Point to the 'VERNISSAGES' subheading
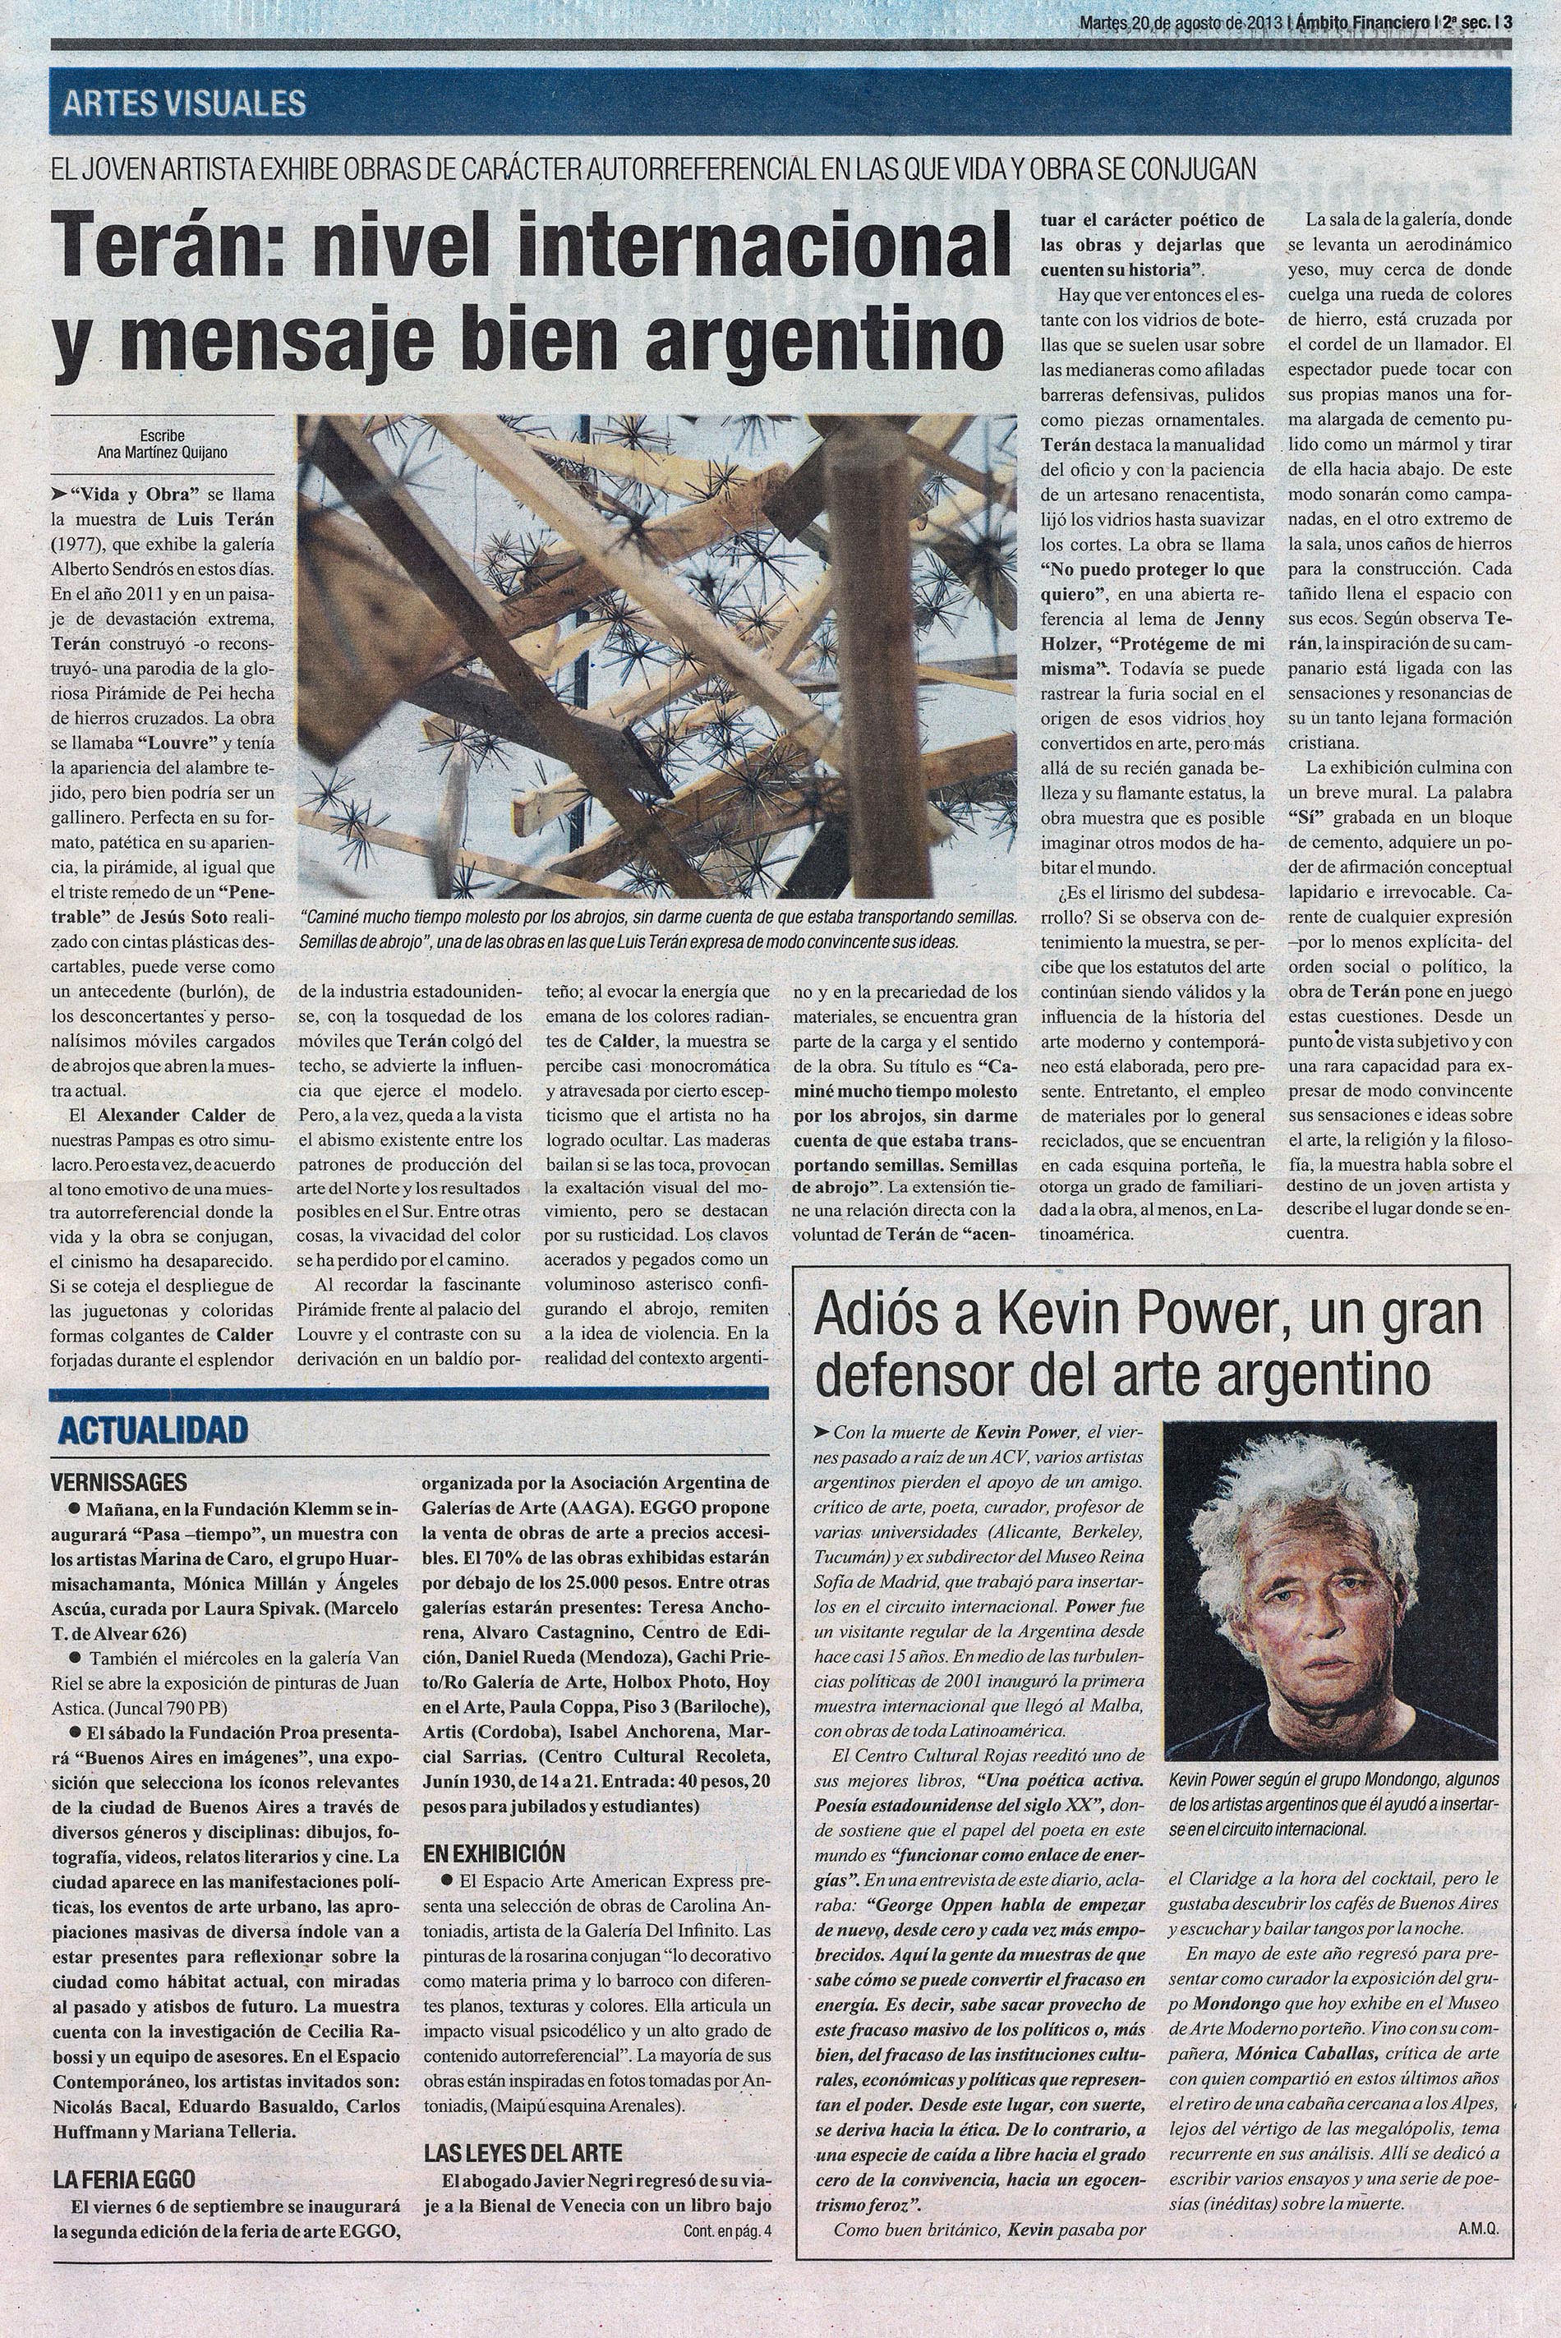pyautogui.click(x=118, y=1481)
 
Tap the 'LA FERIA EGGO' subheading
pyautogui.click(x=123, y=2060)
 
